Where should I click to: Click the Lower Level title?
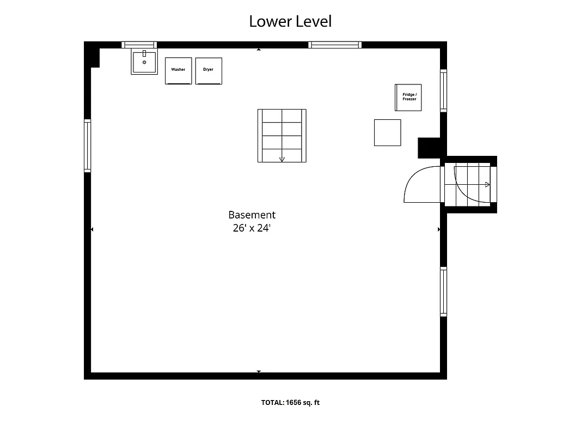(290, 21)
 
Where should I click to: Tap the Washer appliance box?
(178, 71)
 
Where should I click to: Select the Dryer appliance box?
(209, 71)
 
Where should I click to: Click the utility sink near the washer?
(144, 62)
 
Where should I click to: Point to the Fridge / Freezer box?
(409, 98)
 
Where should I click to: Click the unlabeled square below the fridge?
(387, 132)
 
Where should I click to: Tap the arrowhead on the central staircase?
(282, 159)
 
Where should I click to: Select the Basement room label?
(252, 215)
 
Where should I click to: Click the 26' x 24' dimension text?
(252, 228)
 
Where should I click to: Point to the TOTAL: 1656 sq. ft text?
(290, 403)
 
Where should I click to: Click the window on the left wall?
(87, 146)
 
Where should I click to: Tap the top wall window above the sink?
(139, 45)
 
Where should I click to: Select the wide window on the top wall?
(335, 45)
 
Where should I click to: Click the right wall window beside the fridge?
(443, 90)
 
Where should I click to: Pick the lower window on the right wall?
(443, 292)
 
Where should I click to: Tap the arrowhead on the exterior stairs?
(487, 185)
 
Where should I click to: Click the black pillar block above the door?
(429, 148)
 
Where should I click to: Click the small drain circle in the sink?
(144, 62)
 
